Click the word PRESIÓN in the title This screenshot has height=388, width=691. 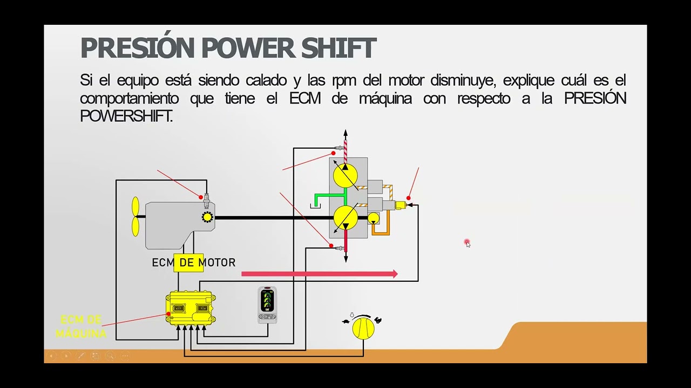coord(138,48)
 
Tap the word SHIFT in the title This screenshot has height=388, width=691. coord(338,48)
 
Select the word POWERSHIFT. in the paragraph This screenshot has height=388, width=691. coord(126,116)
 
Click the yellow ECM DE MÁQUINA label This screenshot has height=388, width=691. coord(81,327)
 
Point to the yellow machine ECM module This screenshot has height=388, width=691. coord(191,308)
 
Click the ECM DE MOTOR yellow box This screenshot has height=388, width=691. coord(188,262)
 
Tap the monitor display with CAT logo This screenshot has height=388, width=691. coord(267,305)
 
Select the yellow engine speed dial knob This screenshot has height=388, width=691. coord(363,328)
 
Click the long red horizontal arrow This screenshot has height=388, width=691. coord(319,274)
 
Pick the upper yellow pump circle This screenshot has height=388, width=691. coord(345,176)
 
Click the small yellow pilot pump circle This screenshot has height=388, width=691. coord(373,218)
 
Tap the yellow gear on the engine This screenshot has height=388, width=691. coord(207,217)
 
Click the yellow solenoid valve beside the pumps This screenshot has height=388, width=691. coord(401,205)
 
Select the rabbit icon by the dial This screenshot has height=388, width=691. coord(378,321)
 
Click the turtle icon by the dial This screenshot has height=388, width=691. coord(346,322)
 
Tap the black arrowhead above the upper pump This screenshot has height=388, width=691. coord(345,133)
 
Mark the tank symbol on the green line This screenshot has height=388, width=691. coord(315,206)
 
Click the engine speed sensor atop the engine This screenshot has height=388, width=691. coord(206,199)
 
